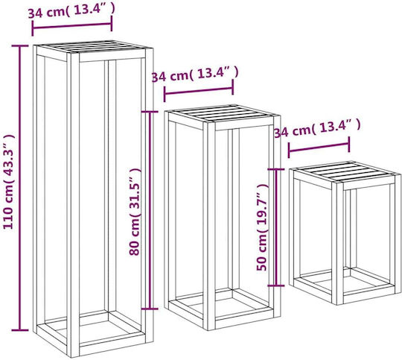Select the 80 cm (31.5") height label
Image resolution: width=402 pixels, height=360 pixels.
coord(134,212)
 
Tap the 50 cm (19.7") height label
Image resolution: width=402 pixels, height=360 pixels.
coord(261,227)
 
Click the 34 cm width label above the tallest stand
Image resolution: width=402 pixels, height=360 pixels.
coord(71,10)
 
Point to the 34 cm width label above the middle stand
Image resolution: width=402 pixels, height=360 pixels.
coord(195,75)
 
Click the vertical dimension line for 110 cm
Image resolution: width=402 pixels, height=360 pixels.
coord(20,188)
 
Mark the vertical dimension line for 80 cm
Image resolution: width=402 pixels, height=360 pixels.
coord(150,210)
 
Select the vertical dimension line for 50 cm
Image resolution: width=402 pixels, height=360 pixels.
coord(276,227)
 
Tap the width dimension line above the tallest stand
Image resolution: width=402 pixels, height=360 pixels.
coord(72,25)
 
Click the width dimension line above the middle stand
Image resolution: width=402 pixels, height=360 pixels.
coord(199,91)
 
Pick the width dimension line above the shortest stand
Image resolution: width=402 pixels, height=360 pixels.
coord(319,147)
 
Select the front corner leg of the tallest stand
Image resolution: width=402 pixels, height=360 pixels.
coord(73,205)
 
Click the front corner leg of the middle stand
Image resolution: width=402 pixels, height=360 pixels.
coord(209,227)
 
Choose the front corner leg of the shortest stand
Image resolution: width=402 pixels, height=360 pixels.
coord(337,244)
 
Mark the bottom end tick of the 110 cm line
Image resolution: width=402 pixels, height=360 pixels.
coord(20,330)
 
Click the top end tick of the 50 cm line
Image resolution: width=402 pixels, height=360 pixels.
coord(276,169)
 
